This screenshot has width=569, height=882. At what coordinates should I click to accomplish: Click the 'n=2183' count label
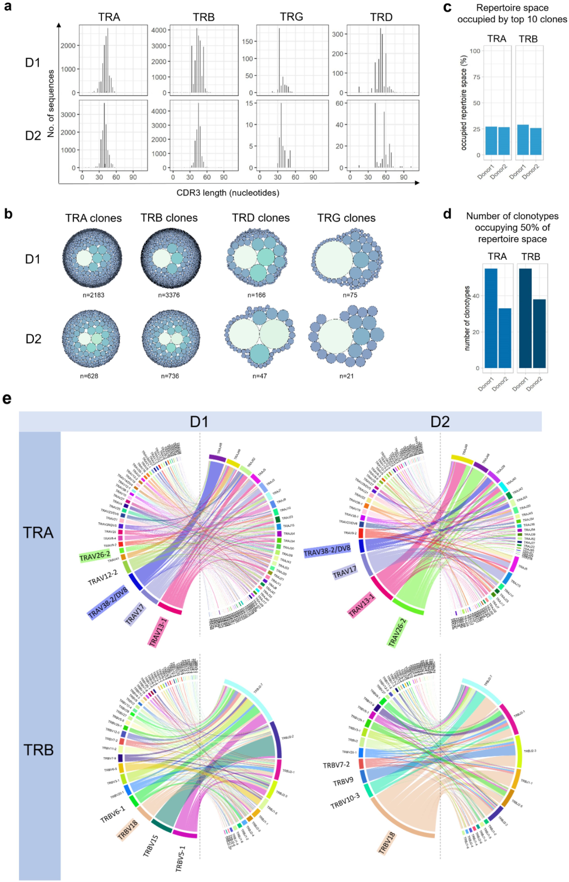94,295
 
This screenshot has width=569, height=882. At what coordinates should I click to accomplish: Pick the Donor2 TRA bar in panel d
504,338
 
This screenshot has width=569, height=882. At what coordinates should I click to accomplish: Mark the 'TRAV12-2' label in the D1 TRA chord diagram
103,577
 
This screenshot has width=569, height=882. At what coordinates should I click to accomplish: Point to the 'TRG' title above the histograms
292,17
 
